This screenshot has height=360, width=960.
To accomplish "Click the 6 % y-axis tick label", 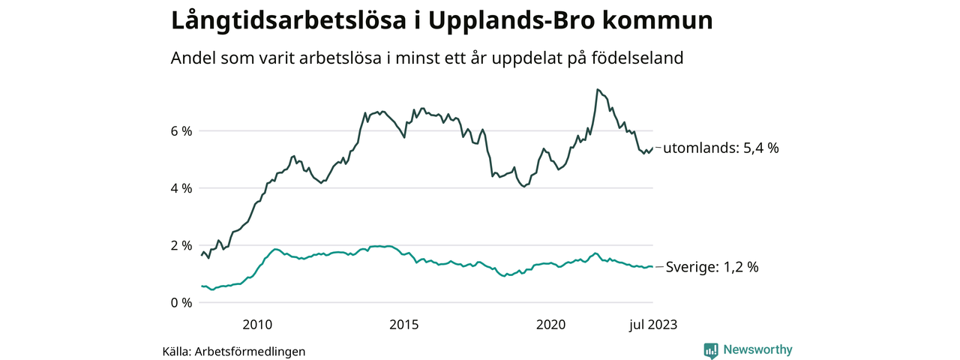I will pyautogui.click(x=181, y=131).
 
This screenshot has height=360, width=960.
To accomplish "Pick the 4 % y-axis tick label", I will pyautogui.click(x=181, y=188).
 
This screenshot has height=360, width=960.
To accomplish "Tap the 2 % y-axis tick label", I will pyautogui.click(x=181, y=246).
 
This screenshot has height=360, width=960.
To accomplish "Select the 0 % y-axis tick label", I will pyautogui.click(x=181, y=303).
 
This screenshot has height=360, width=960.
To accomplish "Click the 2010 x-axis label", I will pyautogui.click(x=257, y=325).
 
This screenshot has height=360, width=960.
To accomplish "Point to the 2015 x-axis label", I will pyautogui.click(x=404, y=325).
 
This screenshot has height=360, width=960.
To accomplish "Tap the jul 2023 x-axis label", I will pyautogui.click(x=652, y=325).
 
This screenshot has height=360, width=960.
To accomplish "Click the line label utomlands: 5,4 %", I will pyautogui.click(x=721, y=148).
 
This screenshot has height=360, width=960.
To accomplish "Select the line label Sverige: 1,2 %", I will pyautogui.click(x=712, y=267).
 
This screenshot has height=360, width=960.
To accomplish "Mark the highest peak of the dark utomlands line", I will pyautogui.click(x=597, y=90).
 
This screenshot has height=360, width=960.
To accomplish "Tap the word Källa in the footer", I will pyautogui.click(x=176, y=351).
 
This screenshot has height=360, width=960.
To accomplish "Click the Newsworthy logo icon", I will pyautogui.click(x=711, y=349).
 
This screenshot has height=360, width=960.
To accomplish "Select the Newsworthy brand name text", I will pyautogui.click(x=757, y=349).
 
